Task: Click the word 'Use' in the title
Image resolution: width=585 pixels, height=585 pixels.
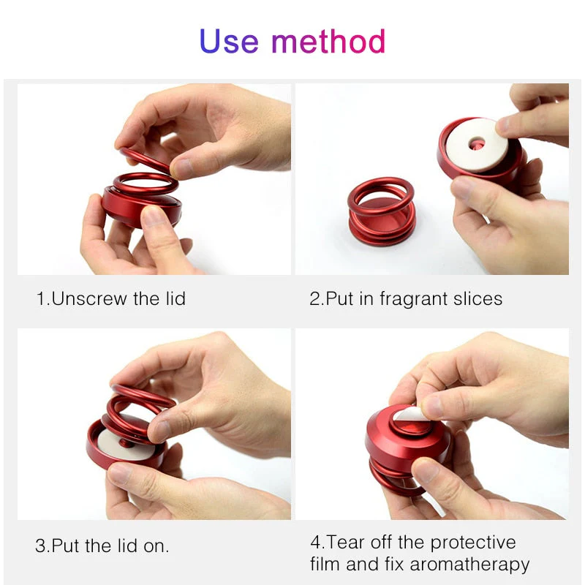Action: (229, 41)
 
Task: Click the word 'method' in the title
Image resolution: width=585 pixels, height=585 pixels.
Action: (328, 41)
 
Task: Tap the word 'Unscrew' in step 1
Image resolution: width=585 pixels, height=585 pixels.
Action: (89, 298)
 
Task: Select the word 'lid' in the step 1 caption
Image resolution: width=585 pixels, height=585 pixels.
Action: (175, 298)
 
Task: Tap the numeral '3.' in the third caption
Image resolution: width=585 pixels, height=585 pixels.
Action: (43, 546)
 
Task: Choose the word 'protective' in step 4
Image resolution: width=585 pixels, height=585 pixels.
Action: (472, 543)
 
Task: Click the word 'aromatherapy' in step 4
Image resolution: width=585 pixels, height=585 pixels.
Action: (469, 565)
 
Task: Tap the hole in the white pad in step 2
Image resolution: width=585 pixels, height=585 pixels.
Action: (477, 143)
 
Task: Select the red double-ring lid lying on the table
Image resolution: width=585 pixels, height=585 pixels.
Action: (381, 211)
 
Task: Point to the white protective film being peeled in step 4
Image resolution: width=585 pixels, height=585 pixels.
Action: (410, 414)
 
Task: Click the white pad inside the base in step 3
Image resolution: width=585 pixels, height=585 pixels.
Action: (124, 446)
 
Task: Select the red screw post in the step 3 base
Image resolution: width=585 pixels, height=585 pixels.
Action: (124, 443)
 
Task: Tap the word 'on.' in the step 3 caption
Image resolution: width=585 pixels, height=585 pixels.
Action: (156, 546)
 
